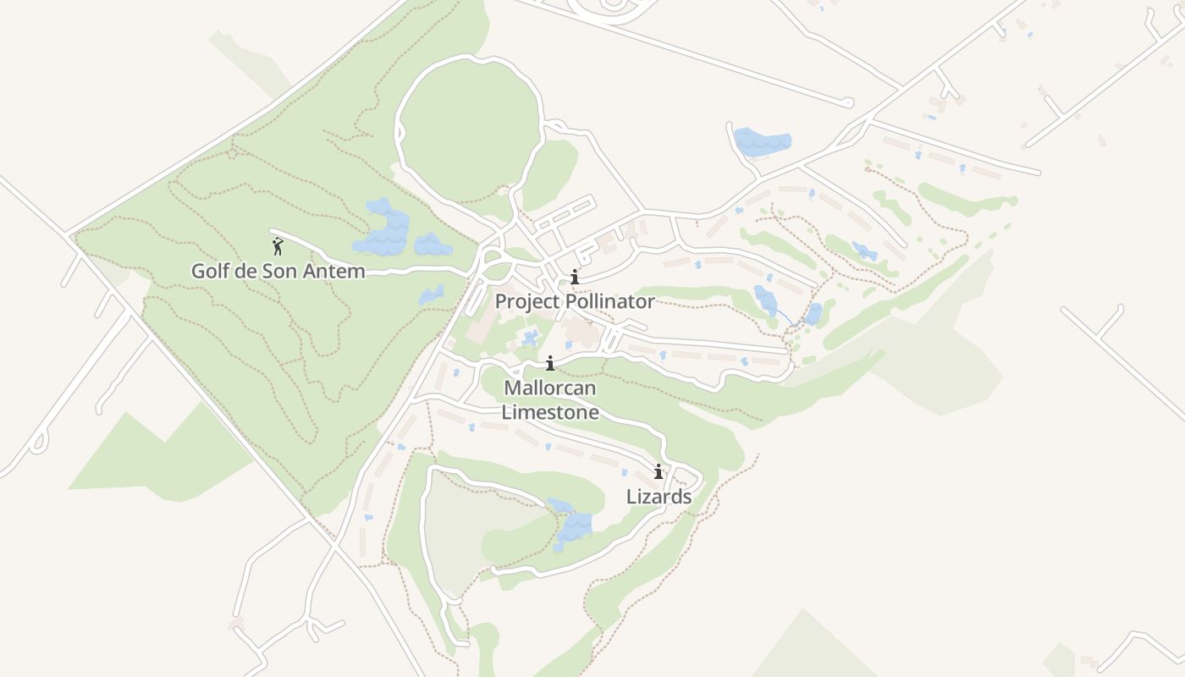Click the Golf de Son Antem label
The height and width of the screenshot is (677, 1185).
click(x=278, y=272)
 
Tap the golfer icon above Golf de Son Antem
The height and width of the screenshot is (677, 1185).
click(x=278, y=247)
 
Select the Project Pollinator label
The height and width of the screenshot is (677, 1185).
click(x=574, y=301)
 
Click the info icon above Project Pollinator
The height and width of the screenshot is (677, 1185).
click(x=575, y=277)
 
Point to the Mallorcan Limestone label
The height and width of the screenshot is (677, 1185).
click(x=550, y=400)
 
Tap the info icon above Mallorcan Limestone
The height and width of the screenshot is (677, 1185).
click(x=550, y=363)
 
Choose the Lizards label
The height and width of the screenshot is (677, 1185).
click(x=659, y=497)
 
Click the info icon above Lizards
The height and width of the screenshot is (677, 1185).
click(x=659, y=471)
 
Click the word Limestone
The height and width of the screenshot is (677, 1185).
click(x=550, y=413)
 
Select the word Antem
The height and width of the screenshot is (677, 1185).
click(x=338, y=272)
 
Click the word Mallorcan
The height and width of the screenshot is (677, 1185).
click(x=550, y=388)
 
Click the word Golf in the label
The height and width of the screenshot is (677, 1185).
click(x=209, y=272)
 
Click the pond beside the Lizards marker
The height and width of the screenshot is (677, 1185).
click(x=574, y=526)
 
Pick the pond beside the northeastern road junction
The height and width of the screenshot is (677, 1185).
click(x=762, y=140)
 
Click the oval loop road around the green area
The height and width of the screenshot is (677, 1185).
click(x=397, y=127)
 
